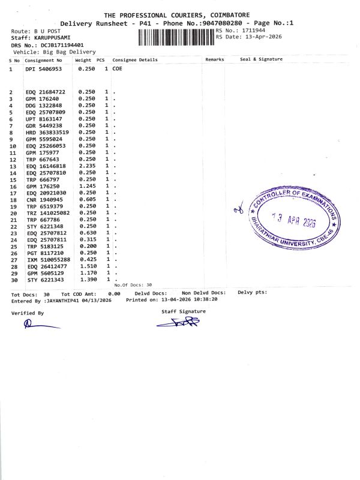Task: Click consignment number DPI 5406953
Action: [43, 70]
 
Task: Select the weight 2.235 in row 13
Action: [86, 166]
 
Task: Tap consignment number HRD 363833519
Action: [47, 132]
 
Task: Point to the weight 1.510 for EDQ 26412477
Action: [86, 266]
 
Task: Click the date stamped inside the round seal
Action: [293, 222]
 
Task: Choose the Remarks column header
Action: [214, 60]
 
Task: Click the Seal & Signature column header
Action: [261, 60]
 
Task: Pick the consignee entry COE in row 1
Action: [118, 70]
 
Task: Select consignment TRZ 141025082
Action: [47, 212]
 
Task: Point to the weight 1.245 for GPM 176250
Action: [86, 186]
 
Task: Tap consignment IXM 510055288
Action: [47, 259]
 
